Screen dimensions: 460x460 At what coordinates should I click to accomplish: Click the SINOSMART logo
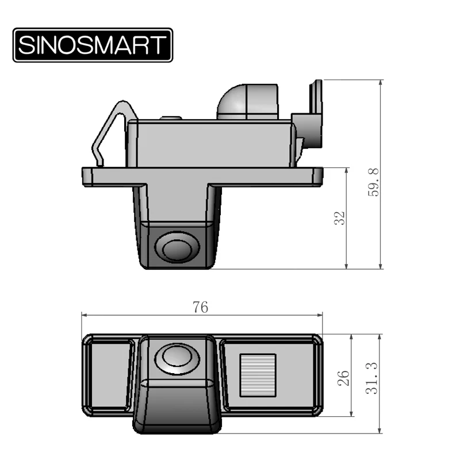tap(93, 45)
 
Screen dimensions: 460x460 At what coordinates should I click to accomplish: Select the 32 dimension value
tap(340, 218)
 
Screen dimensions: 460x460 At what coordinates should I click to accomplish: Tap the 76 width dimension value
tap(200, 308)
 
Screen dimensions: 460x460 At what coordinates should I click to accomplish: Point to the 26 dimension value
tap(343, 377)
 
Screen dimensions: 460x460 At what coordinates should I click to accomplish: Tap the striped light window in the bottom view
tap(257, 372)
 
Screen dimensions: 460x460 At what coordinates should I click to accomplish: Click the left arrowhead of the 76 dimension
tap(84, 315)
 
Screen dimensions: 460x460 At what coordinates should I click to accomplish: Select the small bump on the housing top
tap(171, 118)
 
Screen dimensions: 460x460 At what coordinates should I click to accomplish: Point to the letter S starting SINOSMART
tap(26, 45)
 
